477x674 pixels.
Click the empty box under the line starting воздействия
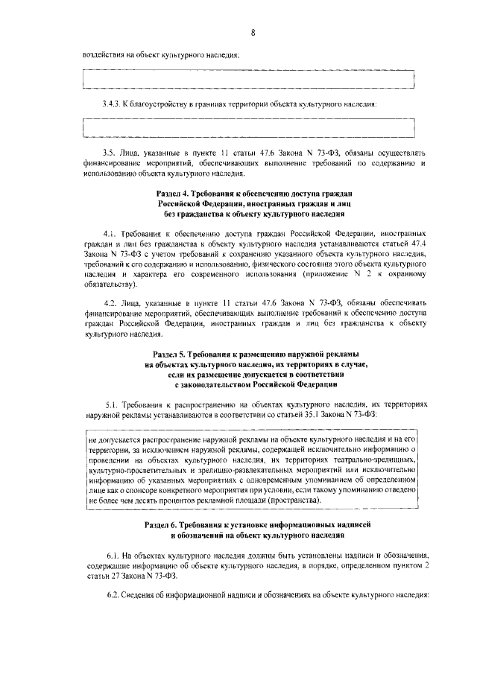pos(248,78)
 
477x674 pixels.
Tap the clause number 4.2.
pos(112,304)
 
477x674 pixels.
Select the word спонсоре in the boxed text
pos(148,492)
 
